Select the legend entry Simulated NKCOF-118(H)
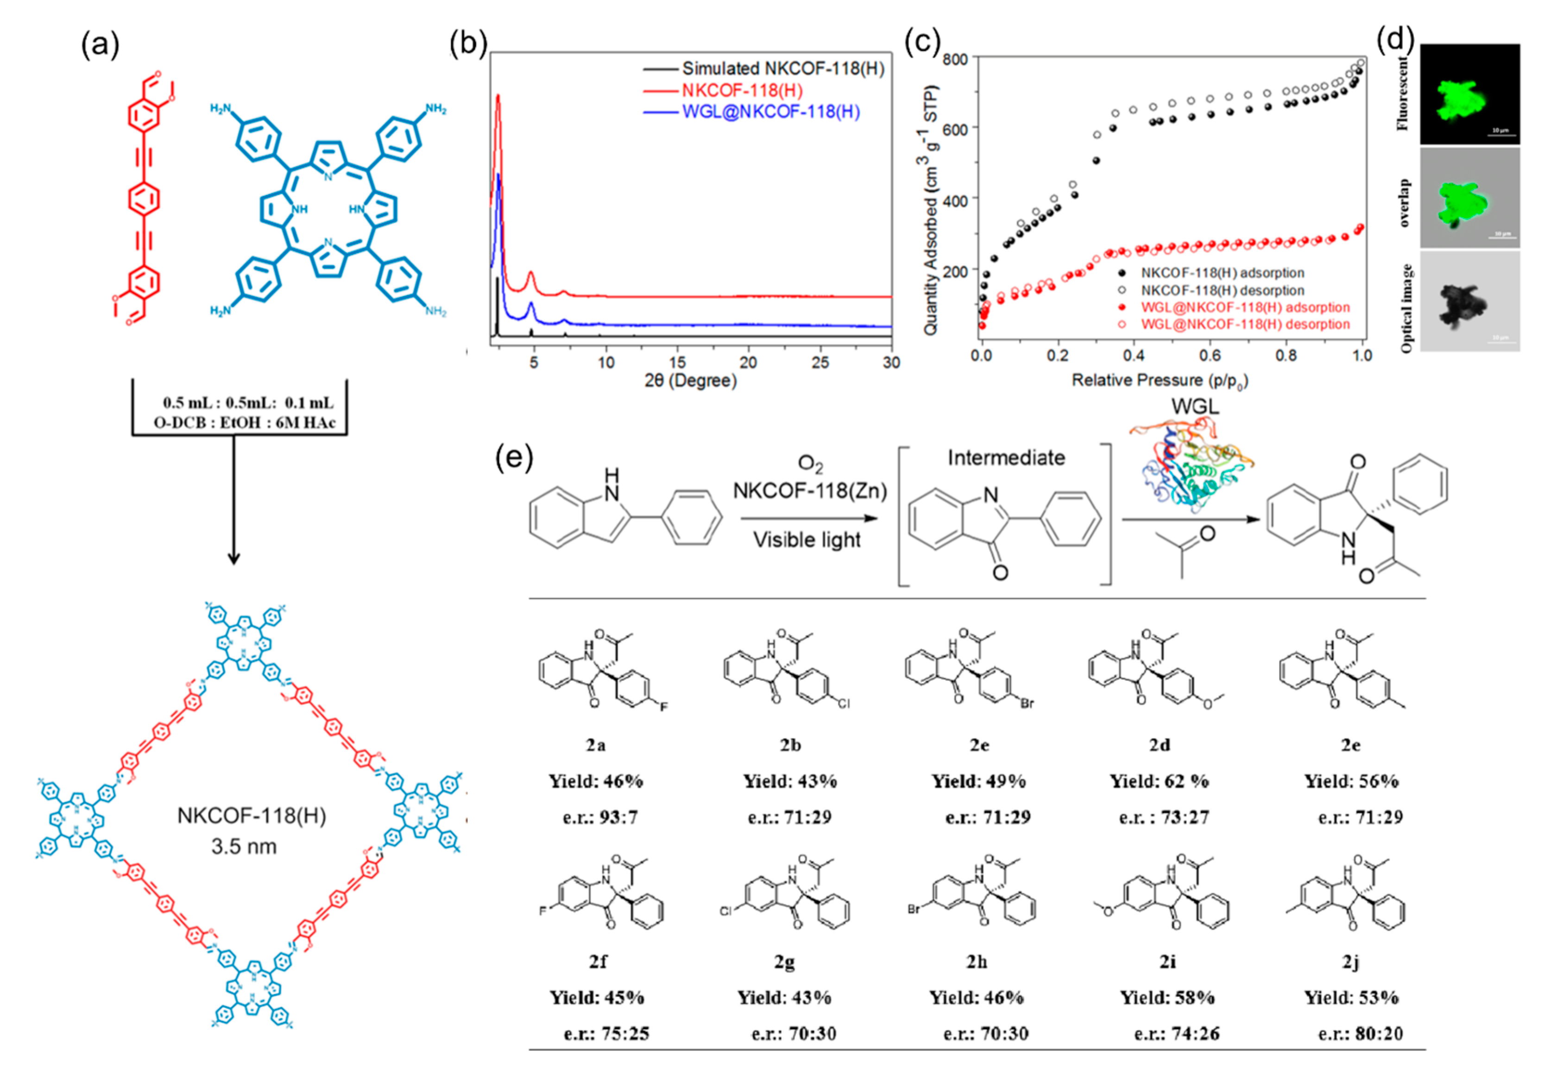pos(782,69)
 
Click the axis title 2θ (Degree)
pos(690,381)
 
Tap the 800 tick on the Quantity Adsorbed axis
pos(955,59)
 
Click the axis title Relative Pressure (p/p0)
pos(1160,381)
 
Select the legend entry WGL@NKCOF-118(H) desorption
pos(1245,325)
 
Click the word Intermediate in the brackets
pos(1006,458)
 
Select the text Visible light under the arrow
pos(807,540)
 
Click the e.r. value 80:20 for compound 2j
pos(1379,1034)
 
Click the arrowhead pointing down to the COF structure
pos(233,558)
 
